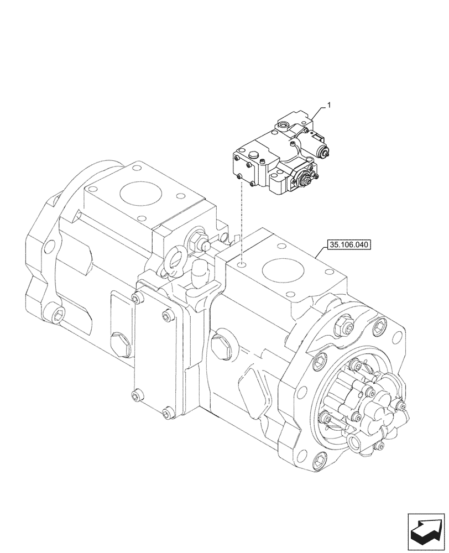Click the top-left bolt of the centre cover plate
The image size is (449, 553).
click(x=135, y=299)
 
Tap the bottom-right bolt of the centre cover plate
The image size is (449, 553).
click(x=166, y=411)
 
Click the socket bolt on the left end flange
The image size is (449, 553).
click(x=57, y=314)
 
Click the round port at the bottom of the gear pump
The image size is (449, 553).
click(x=355, y=441)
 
